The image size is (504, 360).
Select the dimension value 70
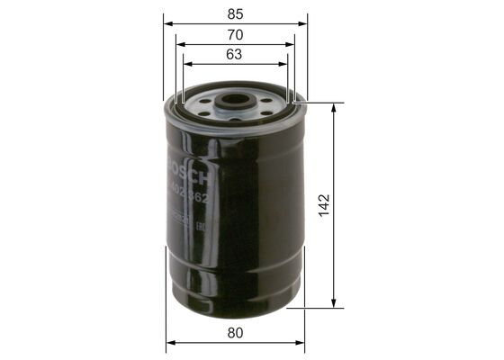click(234, 35)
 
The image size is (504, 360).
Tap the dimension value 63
click(234, 56)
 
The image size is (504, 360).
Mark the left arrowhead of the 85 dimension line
click(168, 21)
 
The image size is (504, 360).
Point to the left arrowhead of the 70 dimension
click(180, 41)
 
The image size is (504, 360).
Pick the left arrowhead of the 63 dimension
click(187, 62)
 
